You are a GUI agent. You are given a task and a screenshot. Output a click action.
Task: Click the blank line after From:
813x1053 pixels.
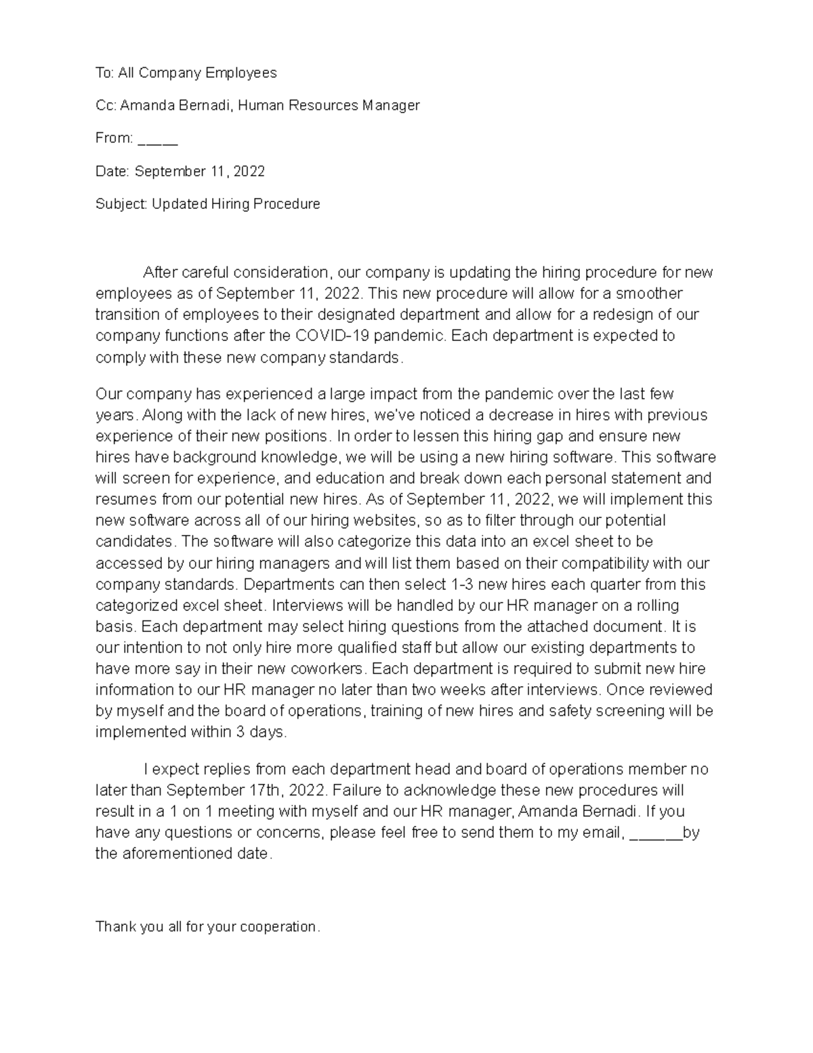tap(157, 139)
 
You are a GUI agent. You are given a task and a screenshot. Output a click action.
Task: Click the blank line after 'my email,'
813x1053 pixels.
tap(656, 833)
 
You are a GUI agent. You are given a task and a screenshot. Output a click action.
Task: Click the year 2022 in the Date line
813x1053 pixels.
tap(248, 172)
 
